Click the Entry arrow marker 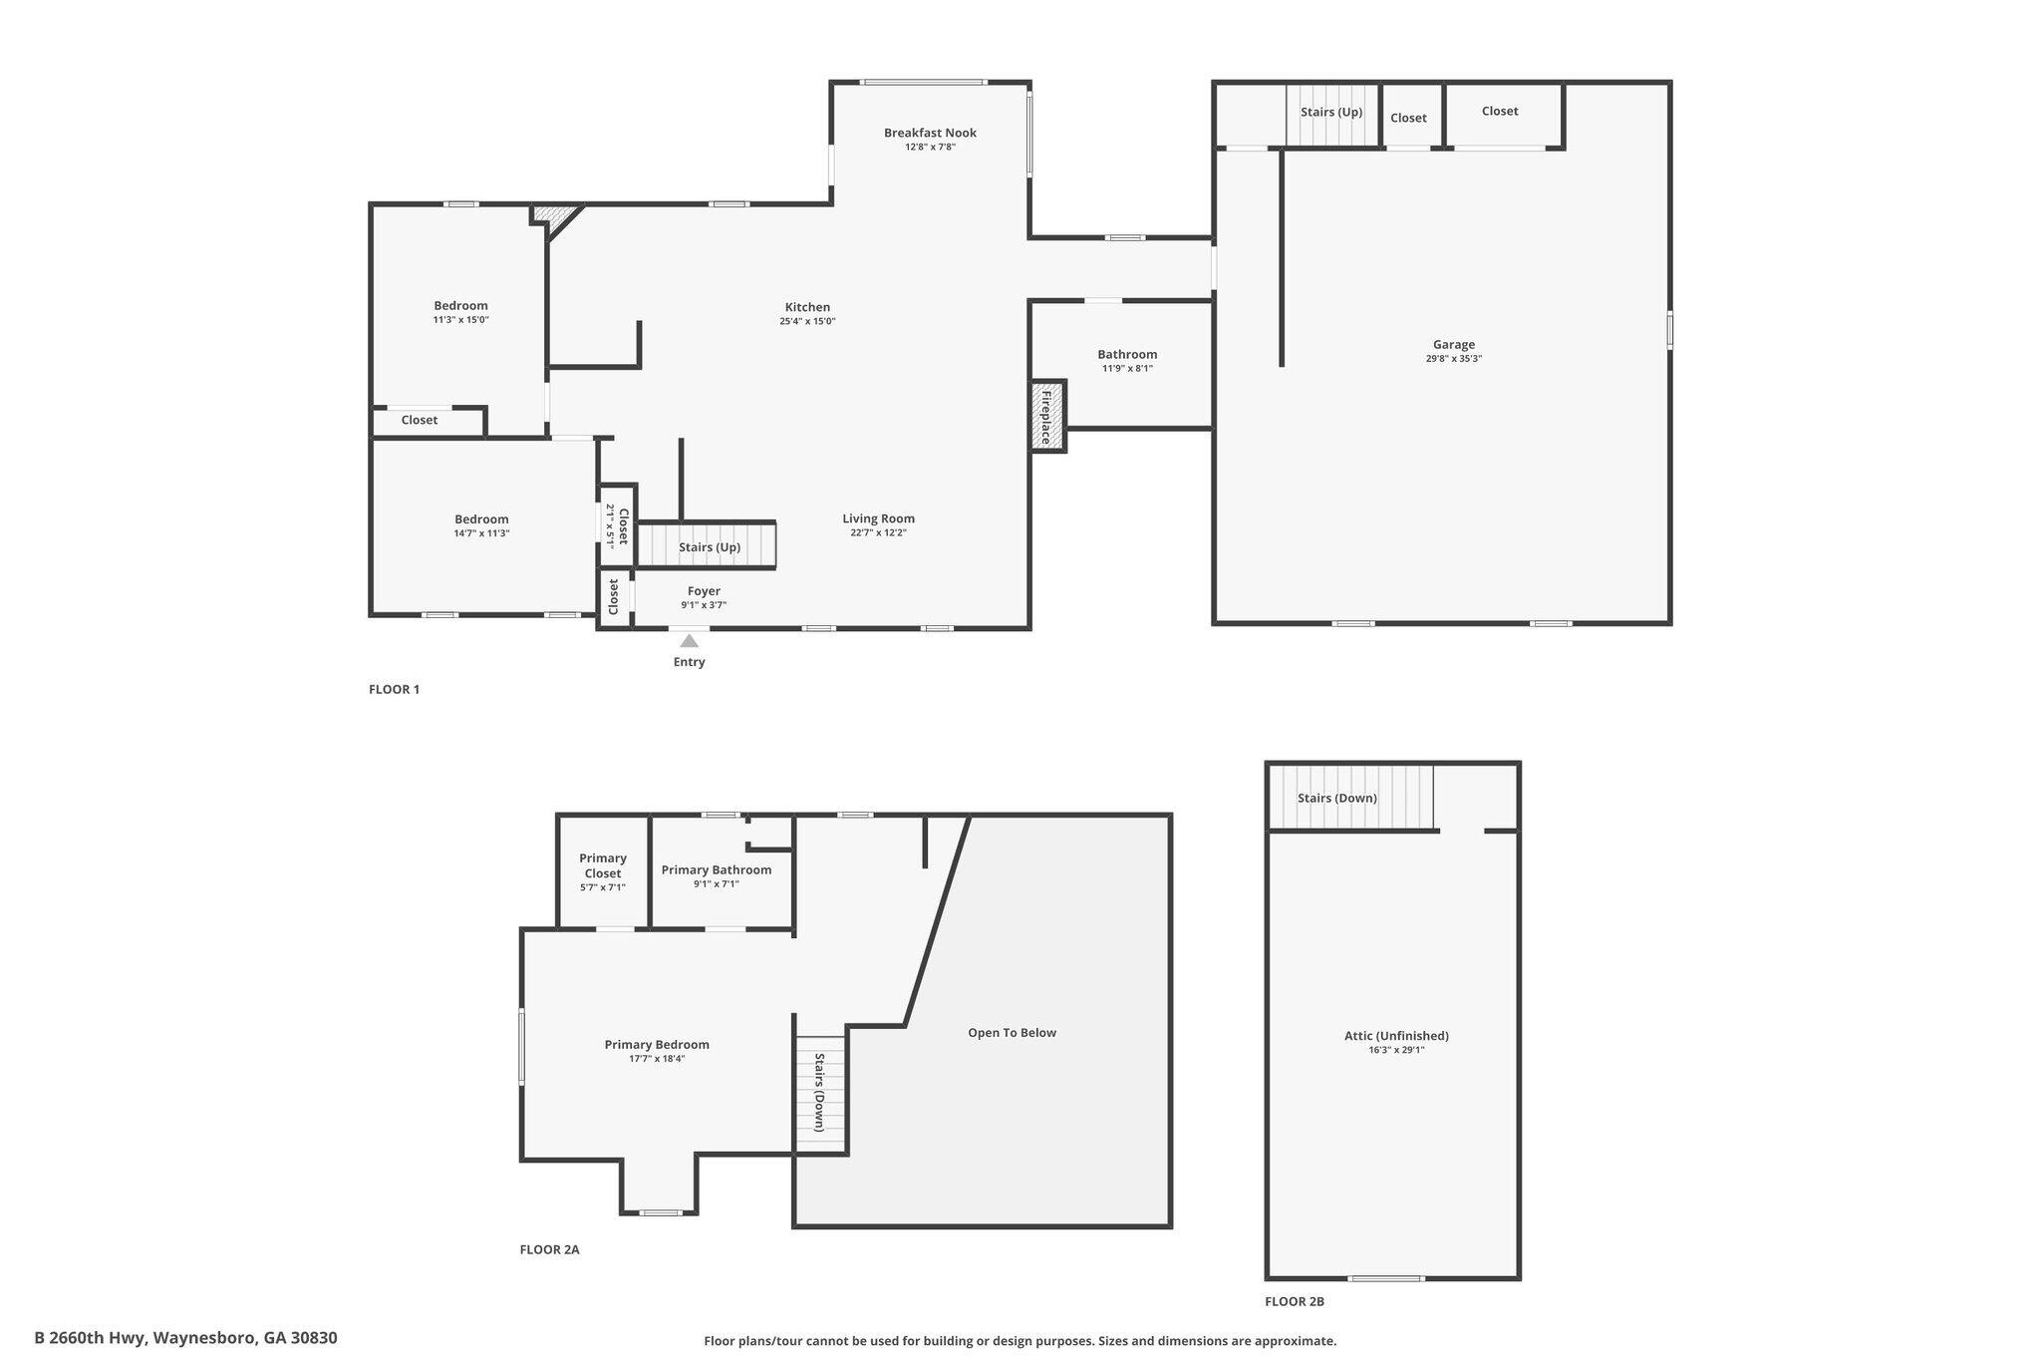(x=690, y=640)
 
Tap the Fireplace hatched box (x=1047, y=417)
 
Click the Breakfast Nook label (x=930, y=133)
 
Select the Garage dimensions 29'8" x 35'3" (x=1454, y=359)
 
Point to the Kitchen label (x=807, y=307)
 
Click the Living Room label (x=878, y=518)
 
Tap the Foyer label (x=704, y=591)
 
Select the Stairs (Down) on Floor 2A (x=820, y=1093)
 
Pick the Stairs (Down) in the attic (x=1351, y=798)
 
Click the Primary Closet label (x=603, y=865)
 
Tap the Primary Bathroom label (x=717, y=870)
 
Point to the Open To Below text (x=1012, y=1033)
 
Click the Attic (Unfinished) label (x=1396, y=1036)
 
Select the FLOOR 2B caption (x=1295, y=1301)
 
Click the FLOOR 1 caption (x=395, y=689)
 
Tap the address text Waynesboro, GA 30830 (x=245, y=1338)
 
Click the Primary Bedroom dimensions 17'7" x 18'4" (x=657, y=1059)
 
